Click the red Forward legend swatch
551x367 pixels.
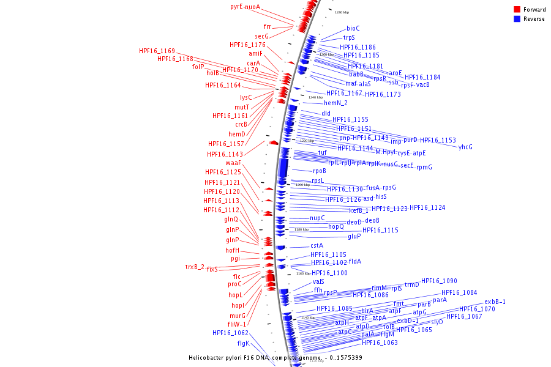click(517, 9)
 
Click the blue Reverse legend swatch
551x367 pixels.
click(517, 19)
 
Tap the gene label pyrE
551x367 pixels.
click(236, 6)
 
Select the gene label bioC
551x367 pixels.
click(353, 28)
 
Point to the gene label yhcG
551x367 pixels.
click(465, 147)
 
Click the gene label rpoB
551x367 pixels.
click(320, 171)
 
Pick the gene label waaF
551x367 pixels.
click(233, 163)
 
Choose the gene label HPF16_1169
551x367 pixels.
click(157, 51)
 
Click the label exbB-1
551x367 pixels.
click(495, 302)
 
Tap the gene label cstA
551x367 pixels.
click(317, 245)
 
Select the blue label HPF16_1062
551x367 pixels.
click(230, 333)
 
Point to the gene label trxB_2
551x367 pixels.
click(195, 267)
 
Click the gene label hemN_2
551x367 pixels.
click(335, 103)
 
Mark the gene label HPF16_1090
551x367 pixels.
click(439, 281)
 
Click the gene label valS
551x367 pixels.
click(318, 281)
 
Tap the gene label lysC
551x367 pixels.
click(246, 97)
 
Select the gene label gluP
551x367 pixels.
click(354, 236)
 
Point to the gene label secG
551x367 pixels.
click(261, 36)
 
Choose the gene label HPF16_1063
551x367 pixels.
click(380, 343)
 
